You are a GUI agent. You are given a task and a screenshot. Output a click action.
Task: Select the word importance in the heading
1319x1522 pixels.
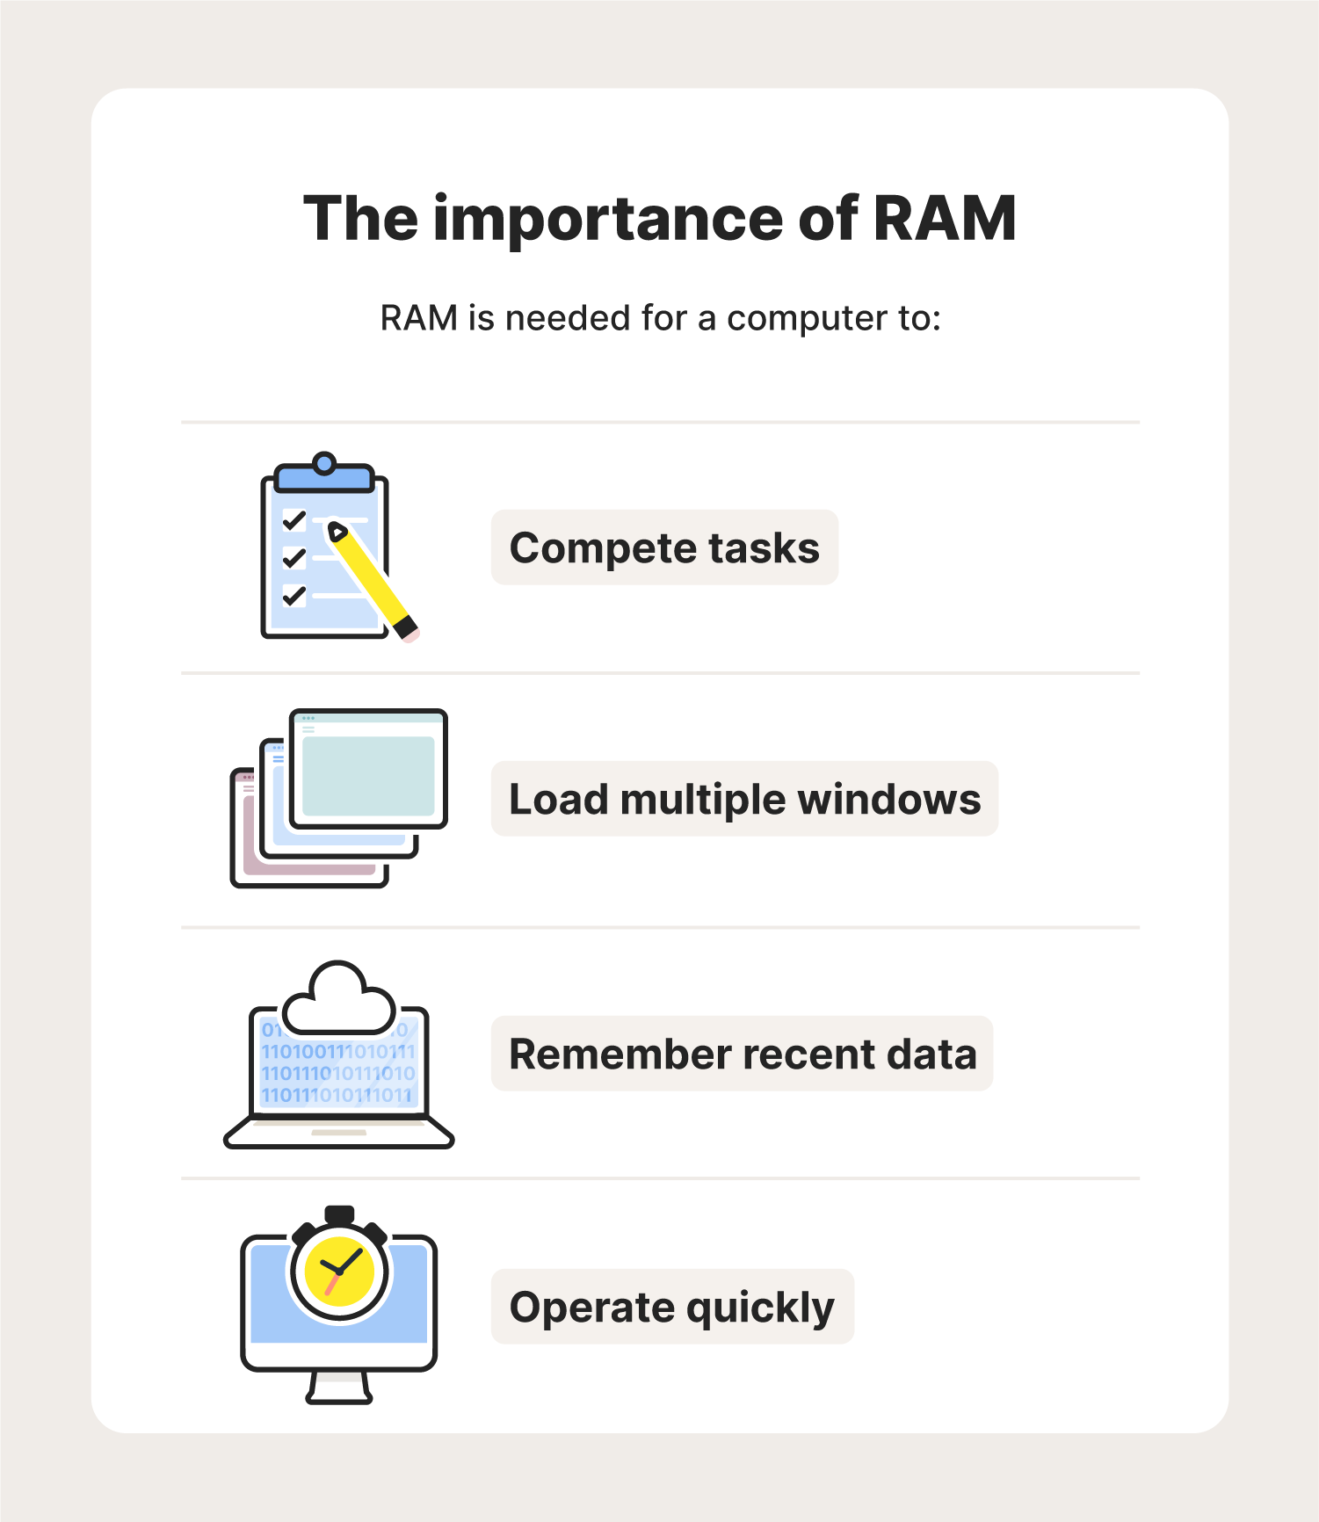[x=608, y=221]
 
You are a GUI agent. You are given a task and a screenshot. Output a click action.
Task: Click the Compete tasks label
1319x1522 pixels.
[x=664, y=548]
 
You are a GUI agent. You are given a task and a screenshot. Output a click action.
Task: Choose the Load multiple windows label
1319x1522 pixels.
[x=744, y=800]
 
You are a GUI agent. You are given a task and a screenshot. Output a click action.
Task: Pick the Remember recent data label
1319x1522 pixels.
[x=743, y=1055]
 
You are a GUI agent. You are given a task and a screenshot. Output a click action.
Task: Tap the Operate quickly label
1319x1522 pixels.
[x=672, y=1308]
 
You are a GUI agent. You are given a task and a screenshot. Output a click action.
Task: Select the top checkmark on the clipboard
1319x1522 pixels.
[x=294, y=521]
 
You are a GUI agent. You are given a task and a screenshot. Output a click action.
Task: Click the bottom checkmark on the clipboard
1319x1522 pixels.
[x=294, y=596]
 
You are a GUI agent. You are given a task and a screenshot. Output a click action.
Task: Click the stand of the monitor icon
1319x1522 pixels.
[x=339, y=1388]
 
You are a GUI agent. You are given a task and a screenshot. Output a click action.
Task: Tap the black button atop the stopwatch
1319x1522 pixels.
[x=339, y=1214]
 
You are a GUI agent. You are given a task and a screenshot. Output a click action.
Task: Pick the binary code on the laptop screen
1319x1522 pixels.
[x=338, y=1073]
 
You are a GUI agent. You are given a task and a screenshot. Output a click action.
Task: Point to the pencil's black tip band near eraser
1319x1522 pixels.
[x=404, y=627]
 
